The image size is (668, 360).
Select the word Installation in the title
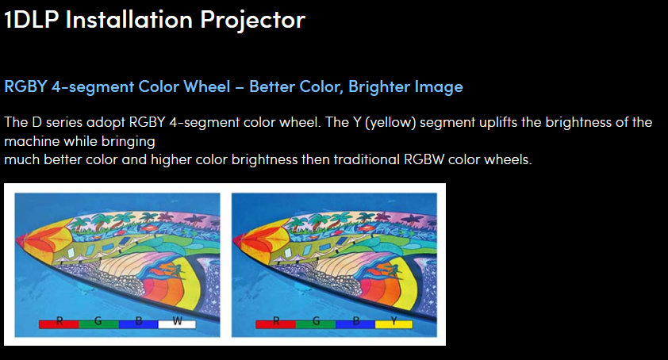coord(125,19)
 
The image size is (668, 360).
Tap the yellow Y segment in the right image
coord(393,323)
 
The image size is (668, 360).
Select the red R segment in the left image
coord(58,323)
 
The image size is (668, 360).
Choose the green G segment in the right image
coord(315,323)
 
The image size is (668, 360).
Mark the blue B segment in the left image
coord(137,323)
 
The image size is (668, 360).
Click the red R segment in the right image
coord(275,323)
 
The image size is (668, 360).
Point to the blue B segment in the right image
coord(354,323)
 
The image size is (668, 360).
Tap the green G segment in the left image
coord(98,323)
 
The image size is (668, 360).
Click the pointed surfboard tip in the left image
coord(19,236)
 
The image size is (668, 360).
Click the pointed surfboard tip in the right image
coord(236,236)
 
